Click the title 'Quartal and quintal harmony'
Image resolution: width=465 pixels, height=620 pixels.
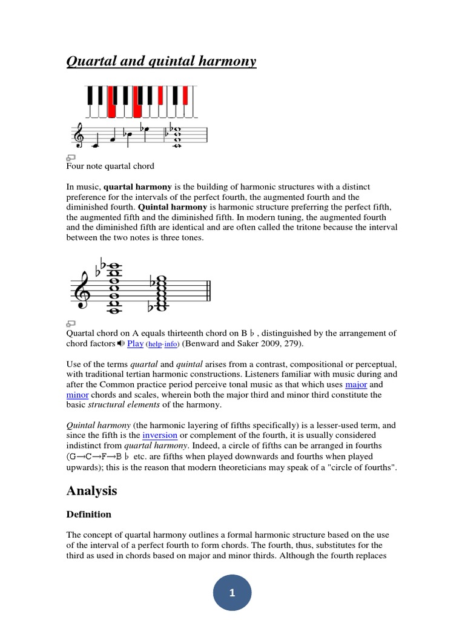[x=161, y=61]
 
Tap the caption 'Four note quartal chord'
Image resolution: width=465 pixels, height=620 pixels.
[x=110, y=166]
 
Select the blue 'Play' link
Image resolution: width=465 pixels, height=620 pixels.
[x=135, y=343]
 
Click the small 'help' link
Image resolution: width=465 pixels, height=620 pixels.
[x=155, y=344]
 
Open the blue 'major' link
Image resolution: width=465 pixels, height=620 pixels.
[x=356, y=384]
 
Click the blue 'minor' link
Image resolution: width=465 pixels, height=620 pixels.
[x=77, y=395]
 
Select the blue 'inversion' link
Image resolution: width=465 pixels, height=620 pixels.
[x=160, y=435]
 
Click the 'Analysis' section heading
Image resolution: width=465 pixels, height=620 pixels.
[x=91, y=491]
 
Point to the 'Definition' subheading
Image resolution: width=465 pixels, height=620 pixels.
[x=89, y=514]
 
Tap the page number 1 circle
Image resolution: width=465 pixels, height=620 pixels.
[x=232, y=593]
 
